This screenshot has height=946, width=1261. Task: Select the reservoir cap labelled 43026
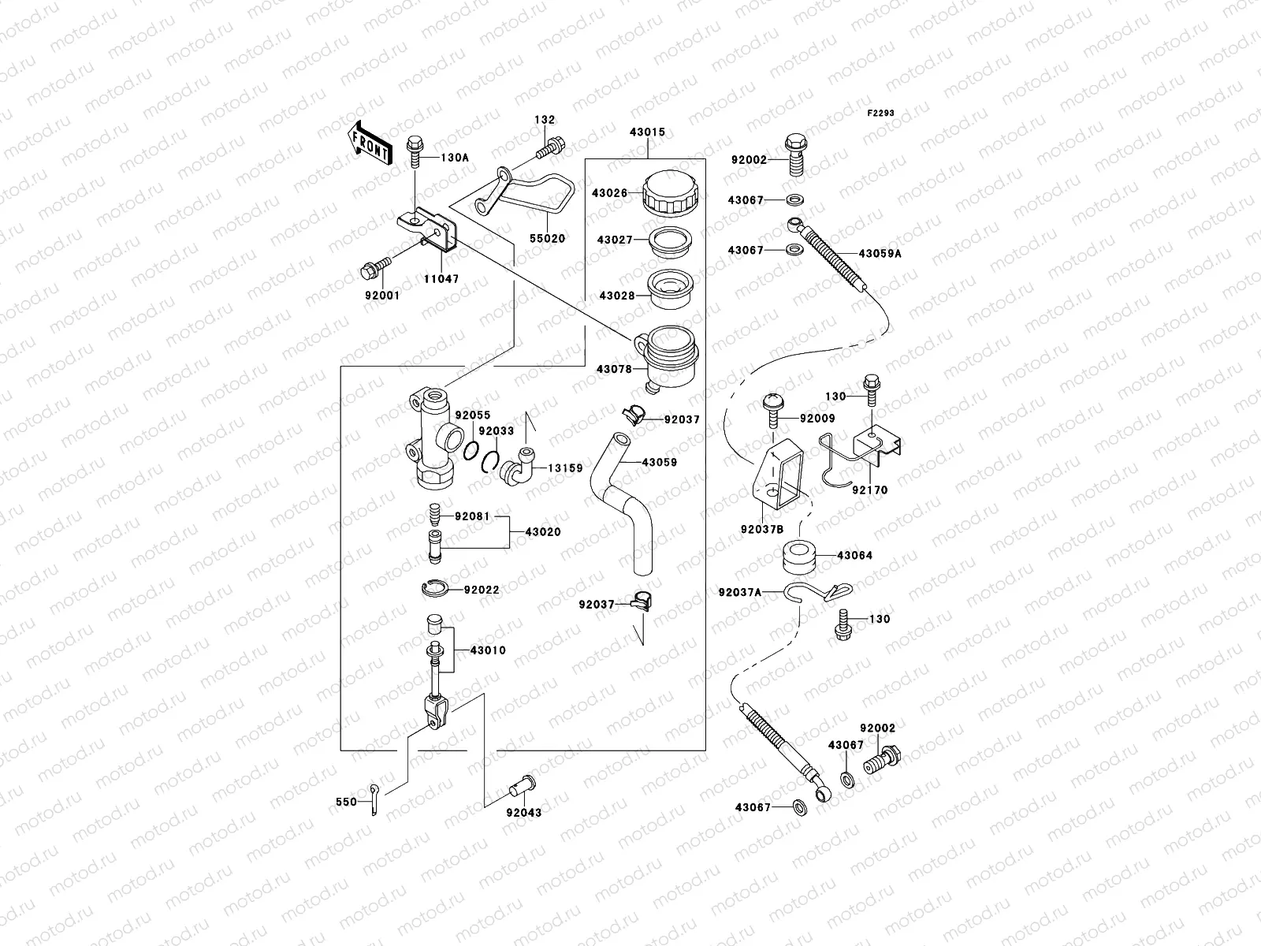[x=671, y=192]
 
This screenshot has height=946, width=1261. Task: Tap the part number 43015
[x=647, y=132]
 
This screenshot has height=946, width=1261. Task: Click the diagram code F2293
[x=880, y=114]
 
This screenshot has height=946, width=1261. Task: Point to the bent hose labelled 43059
[x=622, y=504]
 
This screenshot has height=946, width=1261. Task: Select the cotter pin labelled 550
[x=374, y=799]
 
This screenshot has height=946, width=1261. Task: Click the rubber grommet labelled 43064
[x=799, y=556]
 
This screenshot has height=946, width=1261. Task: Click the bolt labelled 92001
[x=376, y=268]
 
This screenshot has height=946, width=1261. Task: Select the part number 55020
[x=548, y=238]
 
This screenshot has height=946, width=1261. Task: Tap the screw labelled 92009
[x=773, y=410]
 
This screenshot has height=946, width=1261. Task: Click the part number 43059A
[x=880, y=253]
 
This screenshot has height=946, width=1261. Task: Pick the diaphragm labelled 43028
[x=670, y=289]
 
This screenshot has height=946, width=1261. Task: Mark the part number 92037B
[x=762, y=530]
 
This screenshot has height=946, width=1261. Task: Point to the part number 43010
[x=488, y=650]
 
